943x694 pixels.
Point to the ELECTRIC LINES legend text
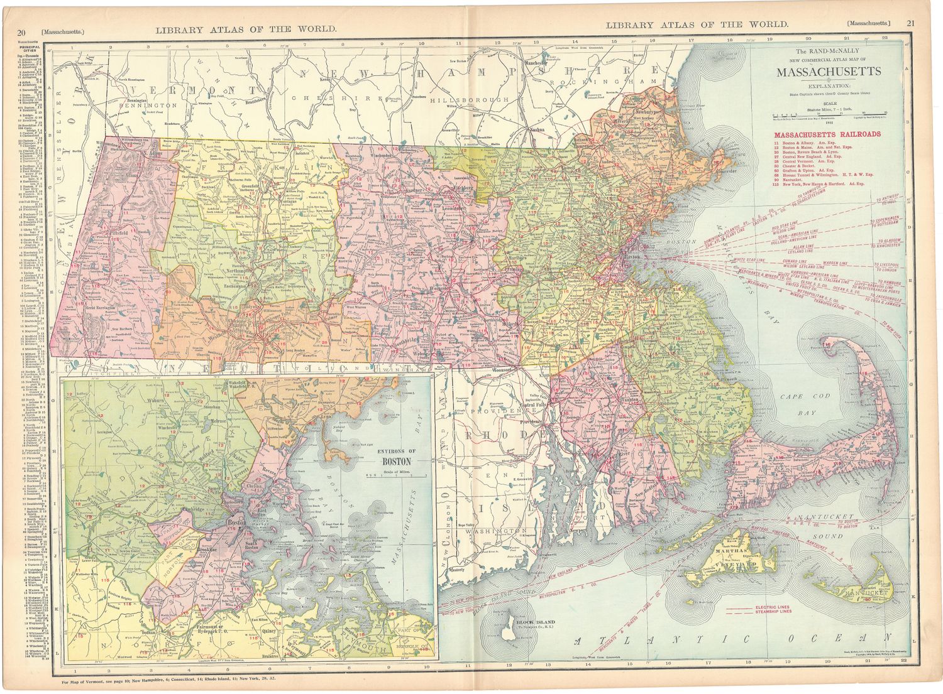pyautogui.click(x=773, y=607)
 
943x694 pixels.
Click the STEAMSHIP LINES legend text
pyautogui.click(x=773, y=612)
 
